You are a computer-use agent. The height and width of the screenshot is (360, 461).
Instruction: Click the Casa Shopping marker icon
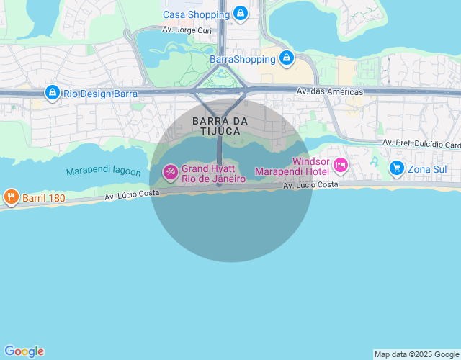point(241,13)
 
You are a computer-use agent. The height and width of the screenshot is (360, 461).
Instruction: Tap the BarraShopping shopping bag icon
point(287,58)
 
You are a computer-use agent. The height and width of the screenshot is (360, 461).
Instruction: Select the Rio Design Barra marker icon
point(52,92)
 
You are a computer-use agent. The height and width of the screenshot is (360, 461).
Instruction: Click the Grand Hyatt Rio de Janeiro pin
point(170,172)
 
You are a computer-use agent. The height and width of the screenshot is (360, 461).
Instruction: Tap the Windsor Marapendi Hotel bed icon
point(341,166)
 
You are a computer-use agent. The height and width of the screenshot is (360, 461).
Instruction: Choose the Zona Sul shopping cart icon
point(396,168)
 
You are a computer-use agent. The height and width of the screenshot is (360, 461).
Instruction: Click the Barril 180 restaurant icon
point(11,196)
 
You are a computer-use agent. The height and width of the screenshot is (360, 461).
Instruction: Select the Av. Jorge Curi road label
point(186,30)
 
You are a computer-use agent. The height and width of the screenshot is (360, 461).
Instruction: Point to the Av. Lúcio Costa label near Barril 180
point(132,195)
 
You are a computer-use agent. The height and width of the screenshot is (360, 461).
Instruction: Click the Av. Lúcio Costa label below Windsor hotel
point(310,185)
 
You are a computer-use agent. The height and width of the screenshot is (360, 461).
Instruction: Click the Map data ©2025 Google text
point(416,354)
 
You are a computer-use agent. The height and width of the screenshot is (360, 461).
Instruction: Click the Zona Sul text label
point(427,169)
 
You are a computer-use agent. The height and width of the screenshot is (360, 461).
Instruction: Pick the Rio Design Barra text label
point(100,93)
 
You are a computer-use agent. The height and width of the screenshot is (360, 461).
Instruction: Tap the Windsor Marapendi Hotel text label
point(292,168)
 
